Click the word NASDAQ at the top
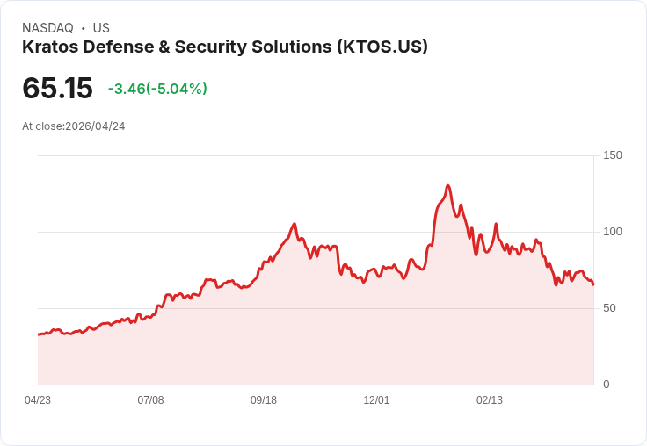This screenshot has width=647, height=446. pos(47,28)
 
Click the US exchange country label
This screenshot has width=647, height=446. pos(101,28)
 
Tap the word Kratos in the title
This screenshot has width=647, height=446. pos(49,47)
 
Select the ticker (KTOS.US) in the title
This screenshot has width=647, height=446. pos(382,47)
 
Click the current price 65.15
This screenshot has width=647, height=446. pos(57,89)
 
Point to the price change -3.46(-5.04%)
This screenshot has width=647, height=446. pos(157,89)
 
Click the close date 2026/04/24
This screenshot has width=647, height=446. pos(95,126)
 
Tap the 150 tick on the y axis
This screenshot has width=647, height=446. pos(613,155)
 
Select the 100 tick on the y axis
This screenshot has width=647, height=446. pos(613,232)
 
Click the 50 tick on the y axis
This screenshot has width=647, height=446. pos(609,308)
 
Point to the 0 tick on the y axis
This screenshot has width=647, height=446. pos(607,385)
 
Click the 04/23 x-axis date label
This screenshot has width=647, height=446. pos(38,400)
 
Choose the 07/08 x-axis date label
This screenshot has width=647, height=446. pos(150,400)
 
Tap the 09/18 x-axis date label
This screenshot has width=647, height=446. pos(264,400)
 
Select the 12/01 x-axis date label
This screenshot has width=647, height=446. pos(376,400)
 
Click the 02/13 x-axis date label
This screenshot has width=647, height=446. pos(490,400)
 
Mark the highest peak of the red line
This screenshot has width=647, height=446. pos(447,186)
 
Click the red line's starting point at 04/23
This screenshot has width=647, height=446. pos(39,334)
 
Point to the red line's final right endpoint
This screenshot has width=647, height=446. pos(593,284)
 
